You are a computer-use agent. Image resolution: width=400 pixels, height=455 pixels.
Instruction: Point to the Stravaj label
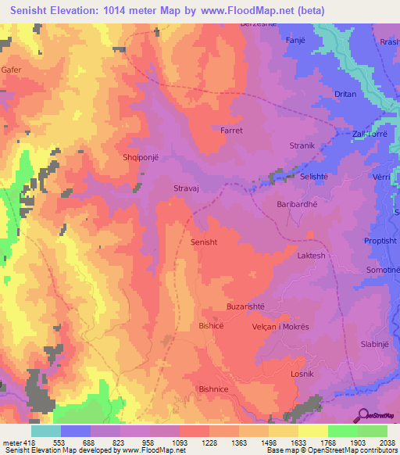tap(187, 188)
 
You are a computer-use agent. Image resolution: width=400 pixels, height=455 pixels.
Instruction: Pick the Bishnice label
tap(216, 389)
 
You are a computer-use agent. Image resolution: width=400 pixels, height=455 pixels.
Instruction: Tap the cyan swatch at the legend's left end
tap(46, 431)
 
